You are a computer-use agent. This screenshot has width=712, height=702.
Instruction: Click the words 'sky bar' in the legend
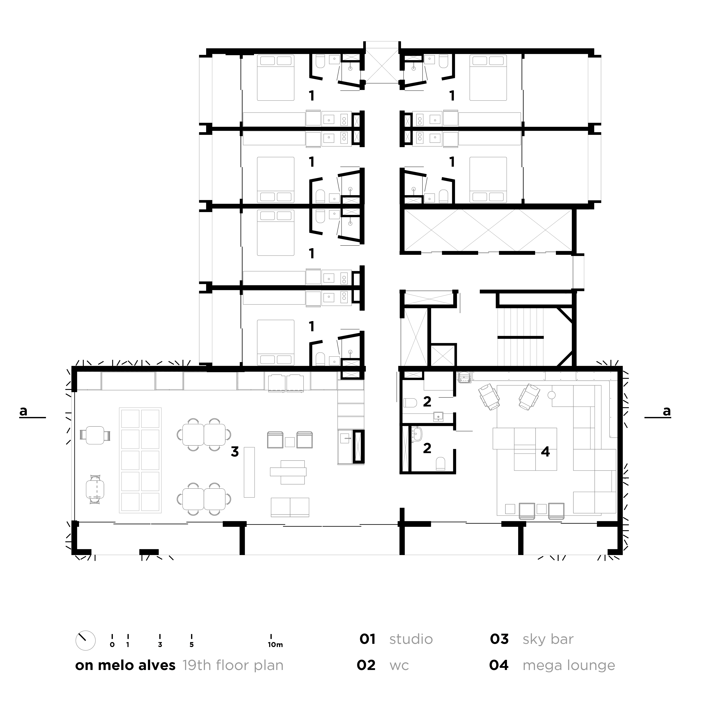(x=548, y=639)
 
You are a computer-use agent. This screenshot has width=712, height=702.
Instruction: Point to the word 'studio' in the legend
(x=411, y=639)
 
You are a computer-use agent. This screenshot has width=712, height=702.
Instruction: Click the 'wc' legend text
(x=399, y=666)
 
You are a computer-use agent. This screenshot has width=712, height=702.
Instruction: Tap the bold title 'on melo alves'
(x=125, y=665)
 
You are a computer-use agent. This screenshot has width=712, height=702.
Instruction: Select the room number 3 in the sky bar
(x=235, y=452)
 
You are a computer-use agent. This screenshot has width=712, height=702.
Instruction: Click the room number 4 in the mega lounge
(x=545, y=452)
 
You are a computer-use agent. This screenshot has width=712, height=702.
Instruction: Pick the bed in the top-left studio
(x=276, y=78)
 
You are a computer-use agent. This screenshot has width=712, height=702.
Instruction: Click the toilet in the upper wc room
(x=410, y=403)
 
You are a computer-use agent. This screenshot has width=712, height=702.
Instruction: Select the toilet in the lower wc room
(x=440, y=464)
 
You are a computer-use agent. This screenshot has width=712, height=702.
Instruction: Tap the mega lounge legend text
(x=569, y=666)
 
